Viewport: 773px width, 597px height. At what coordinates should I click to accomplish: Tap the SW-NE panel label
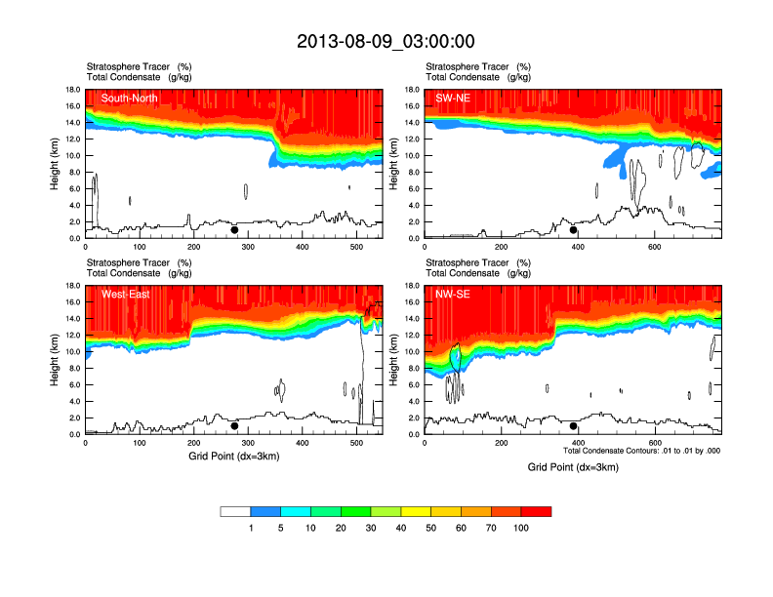(x=453, y=98)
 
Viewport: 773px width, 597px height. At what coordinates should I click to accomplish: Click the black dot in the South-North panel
(x=234, y=230)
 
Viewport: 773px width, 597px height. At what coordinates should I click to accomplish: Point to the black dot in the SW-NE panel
(x=574, y=230)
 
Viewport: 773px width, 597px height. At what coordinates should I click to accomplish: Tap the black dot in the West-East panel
(x=234, y=426)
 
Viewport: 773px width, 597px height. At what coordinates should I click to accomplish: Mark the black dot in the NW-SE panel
(x=574, y=426)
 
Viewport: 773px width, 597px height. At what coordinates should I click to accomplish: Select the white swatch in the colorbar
(x=235, y=511)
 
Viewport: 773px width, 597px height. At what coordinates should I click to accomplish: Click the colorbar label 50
(x=431, y=528)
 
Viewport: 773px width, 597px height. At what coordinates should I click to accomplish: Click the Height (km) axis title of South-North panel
(x=56, y=164)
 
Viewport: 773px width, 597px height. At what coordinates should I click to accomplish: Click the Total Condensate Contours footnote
(x=641, y=451)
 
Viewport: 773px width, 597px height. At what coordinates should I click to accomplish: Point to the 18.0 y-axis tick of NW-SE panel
(x=413, y=286)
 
